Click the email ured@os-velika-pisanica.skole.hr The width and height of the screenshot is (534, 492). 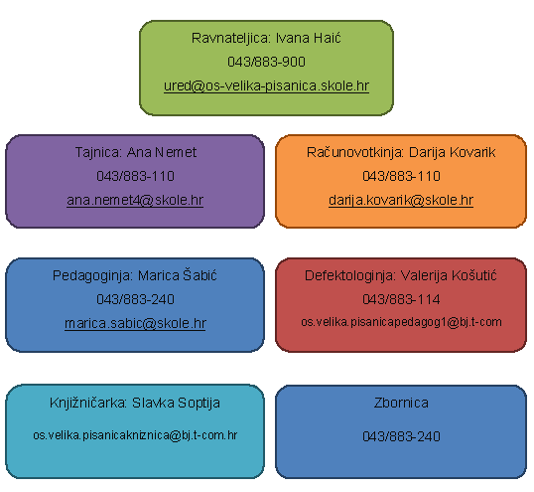[x=266, y=85]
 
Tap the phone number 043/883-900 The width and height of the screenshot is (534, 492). [x=266, y=62]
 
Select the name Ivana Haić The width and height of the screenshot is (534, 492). [x=309, y=38]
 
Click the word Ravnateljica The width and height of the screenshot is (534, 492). [x=231, y=39]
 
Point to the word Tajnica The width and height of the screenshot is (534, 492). [x=98, y=153]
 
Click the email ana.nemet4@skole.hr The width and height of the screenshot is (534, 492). [x=135, y=200]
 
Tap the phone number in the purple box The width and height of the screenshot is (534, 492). [x=136, y=176]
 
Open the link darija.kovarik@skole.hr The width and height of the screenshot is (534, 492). [x=401, y=201]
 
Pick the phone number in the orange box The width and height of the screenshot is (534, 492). [x=401, y=176]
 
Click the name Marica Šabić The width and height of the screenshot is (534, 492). [x=177, y=275]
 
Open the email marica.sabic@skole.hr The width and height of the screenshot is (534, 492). [x=135, y=323]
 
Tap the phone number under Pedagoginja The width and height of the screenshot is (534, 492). [x=136, y=299]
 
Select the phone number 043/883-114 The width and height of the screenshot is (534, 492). [x=401, y=299]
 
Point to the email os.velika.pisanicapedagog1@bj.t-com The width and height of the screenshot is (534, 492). [x=401, y=322]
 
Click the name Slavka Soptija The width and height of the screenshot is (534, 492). [x=176, y=404]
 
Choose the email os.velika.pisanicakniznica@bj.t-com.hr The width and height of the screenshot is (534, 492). [x=135, y=435]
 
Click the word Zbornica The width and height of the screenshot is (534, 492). [x=401, y=403]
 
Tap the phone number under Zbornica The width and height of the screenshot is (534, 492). [x=401, y=436]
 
